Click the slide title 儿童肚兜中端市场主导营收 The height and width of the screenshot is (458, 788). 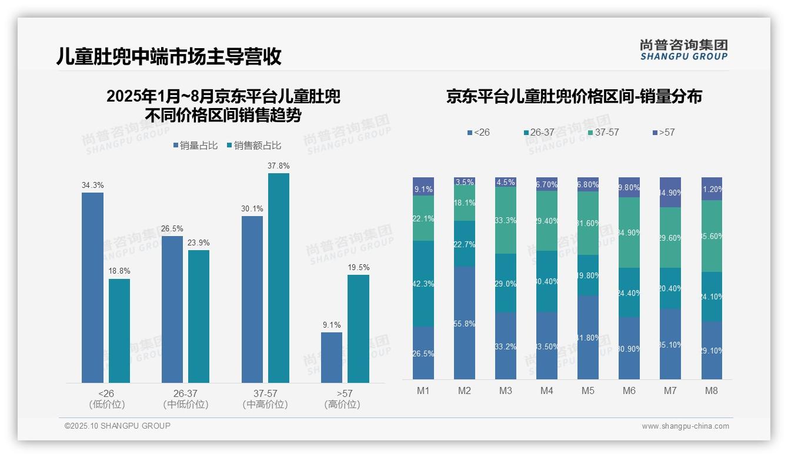click(169, 56)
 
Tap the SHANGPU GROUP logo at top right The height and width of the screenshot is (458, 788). click(683, 50)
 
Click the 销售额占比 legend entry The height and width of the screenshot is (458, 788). click(253, 146)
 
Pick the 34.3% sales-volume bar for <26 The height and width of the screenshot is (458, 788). click(92, 288)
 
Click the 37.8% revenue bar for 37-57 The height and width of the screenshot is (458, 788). click(279, 278)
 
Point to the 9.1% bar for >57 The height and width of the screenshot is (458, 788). click(332, 358)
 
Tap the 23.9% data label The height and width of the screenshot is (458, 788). click(199, 243)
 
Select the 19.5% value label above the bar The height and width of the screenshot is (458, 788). click(359, 267)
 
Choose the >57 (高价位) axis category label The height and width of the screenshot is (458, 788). click(342, 399)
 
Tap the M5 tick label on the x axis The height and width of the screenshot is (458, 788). click(588, 390)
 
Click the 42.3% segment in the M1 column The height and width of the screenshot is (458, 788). click(423, 284)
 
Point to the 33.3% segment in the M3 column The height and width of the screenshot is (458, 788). click(506, 220)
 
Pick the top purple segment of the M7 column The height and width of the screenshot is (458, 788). click(670, 192)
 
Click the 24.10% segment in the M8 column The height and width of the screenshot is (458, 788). click(712, 297)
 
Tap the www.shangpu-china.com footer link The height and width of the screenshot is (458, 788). click(685, 426)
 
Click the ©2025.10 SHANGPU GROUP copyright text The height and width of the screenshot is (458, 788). click(118, 426)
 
